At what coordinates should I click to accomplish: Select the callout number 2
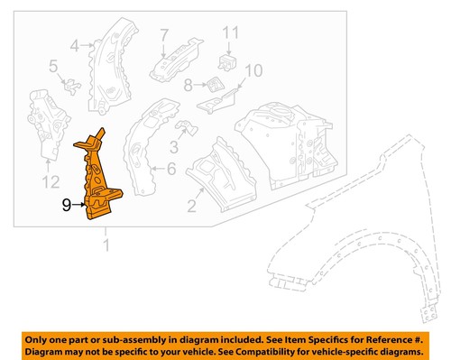click(191, 208)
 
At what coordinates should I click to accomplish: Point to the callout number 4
click(76, 42)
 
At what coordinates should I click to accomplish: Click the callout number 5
click(53, 65)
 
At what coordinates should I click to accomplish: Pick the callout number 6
click(171, 169)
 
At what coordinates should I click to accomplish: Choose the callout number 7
click(164, 35)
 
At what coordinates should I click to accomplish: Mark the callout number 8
click(187, 87)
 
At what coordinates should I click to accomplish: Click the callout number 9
click(66, 205)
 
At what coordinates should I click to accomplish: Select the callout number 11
click(230, 34)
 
